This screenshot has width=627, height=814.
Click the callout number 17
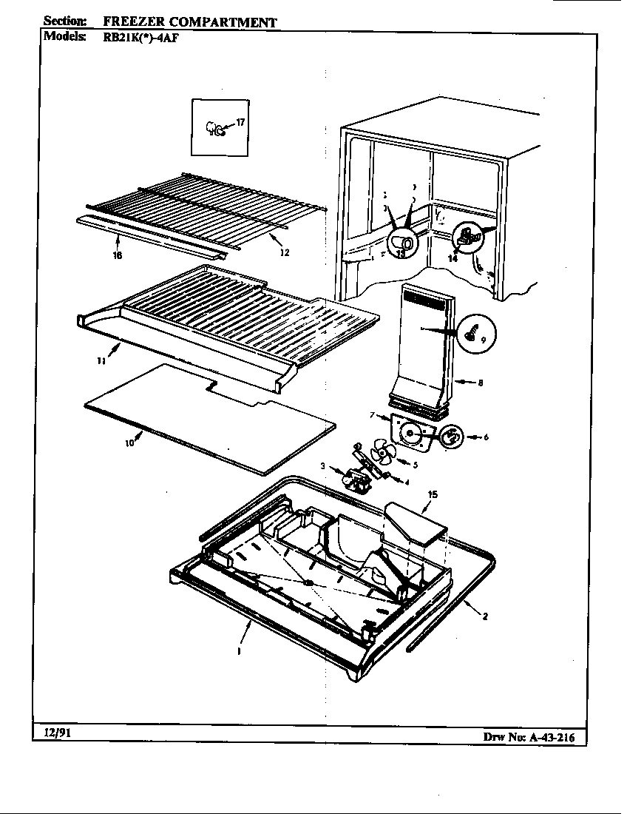tap(239, 122)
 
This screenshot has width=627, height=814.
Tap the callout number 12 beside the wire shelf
tap(285, 252)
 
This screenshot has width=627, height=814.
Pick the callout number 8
tap(481, 383)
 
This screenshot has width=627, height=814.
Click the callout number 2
tap(485, 616)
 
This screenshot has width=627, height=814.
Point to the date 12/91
tap(54, 733)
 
